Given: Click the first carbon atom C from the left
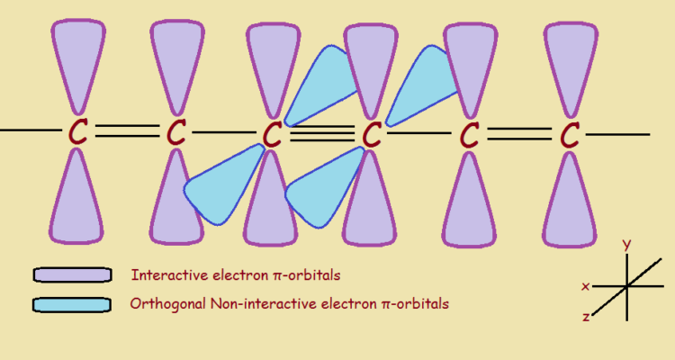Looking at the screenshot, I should [78, 132].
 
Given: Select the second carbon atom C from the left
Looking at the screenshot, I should [176, 133].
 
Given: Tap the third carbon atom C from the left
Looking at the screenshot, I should [273, 134].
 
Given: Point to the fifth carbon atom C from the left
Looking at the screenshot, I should [469, 135].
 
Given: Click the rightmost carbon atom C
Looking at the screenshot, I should [569, 135].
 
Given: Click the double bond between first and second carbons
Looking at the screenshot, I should [127, 132].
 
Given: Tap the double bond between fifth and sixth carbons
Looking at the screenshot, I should [518, 134].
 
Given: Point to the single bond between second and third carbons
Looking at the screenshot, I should [225, 133].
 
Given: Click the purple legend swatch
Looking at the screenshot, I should [72, 274].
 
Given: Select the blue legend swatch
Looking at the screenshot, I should [72, 304].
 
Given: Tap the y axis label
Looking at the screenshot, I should [626, 244].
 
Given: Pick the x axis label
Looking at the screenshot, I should [586, 287].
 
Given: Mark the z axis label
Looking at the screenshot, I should [586, 317].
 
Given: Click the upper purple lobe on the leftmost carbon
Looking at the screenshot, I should [78, 63].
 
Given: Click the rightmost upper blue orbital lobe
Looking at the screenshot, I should [423, 81].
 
